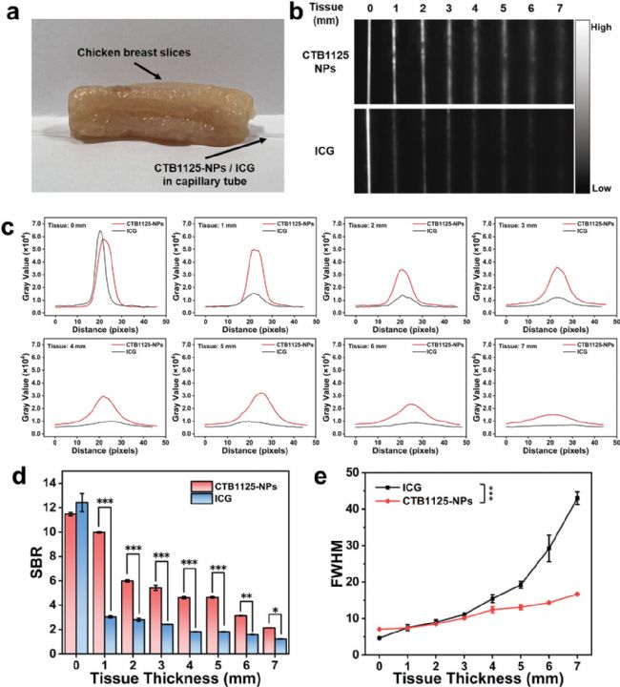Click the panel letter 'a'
pyautogui.click(x=12, y=11)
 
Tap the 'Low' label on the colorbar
pyautogui.click(x=600, y=188)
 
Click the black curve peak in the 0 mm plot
pyautogui.click(x=100, y=231)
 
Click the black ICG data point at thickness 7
pyautogui.click(x=577, y=498)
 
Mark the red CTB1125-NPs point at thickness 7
pyautogui.click(x=577, y=593)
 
